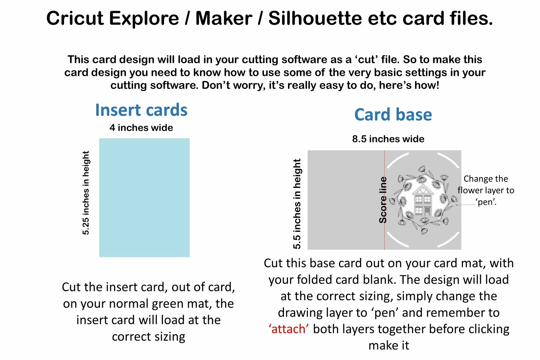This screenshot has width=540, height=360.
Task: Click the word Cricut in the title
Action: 75,18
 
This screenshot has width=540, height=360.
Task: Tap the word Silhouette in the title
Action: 315,18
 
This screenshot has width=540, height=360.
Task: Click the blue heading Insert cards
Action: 141,110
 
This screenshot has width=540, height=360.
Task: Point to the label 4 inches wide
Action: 141,127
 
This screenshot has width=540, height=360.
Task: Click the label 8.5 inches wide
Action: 388,139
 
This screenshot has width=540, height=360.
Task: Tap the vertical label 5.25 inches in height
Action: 86,193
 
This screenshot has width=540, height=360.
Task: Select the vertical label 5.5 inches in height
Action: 297,204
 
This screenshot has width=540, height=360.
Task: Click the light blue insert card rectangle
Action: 144,198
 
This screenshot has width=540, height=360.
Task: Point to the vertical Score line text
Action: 383,200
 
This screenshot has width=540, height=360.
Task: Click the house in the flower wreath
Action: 423,200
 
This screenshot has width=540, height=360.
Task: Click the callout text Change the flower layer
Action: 486,184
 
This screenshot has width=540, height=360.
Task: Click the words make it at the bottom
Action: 389,345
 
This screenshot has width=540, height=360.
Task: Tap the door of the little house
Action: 427,212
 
